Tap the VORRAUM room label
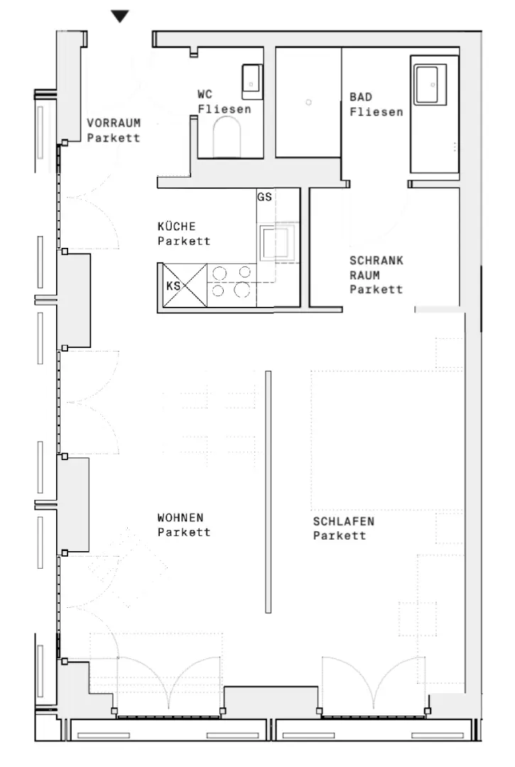pos(114,122)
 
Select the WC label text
pos(205,94)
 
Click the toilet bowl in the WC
pos(228,136)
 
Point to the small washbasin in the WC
pos(251,80)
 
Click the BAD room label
pos(360,97)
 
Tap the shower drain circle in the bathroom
pos(308,103)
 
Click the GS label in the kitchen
pos(264,197)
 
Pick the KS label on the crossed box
pos(173,285)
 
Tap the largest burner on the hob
pos(242,290)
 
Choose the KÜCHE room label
pos(178,227)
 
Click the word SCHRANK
pos(376,261)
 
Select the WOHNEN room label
pos(180,518)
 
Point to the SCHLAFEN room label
pos(344,521)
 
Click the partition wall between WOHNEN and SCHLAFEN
pos(268,491)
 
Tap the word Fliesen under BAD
pos(376,111)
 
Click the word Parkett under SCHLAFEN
pos(340,535)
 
